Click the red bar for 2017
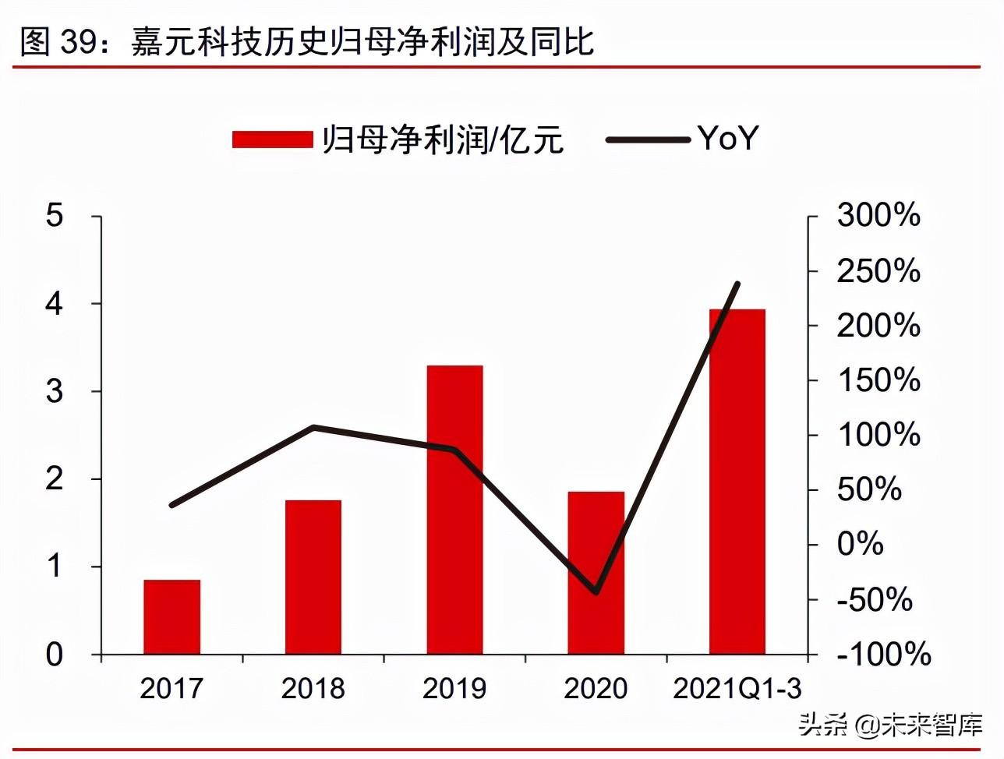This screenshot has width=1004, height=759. [x=172, y=616]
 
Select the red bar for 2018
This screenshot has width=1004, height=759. [x=313, y=577]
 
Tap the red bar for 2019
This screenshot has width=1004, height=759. [x=454, y=510]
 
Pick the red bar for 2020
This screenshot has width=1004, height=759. [x=596, y=573]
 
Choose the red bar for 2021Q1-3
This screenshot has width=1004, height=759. [x=737, y=482]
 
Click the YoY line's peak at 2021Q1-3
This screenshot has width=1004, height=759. [x=737, y=284]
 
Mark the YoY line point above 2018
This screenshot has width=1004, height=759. [x=313, y=427]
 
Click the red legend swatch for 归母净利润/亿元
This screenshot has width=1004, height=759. [x=272, y=139]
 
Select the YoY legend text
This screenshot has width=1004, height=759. [x=728, y=139]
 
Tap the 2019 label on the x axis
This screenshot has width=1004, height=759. [x=454, y=689]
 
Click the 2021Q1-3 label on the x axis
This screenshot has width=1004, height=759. [x=737, y=689]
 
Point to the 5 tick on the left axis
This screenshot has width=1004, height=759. [x=55, y=216]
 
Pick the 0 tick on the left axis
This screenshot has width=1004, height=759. [x=55, y=655]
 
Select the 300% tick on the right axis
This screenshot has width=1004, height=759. [x=878, y=216]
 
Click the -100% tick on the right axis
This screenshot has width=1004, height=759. [x=883, y=655]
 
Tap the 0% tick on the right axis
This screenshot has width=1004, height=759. [x=860, y=544]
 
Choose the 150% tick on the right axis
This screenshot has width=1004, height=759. [x=878, y=380]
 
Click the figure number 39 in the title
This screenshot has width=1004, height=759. [x=78, y=42]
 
